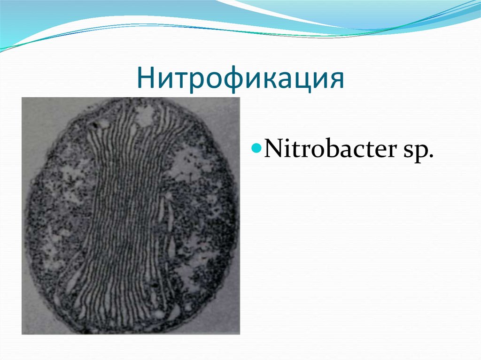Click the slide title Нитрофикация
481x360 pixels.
click(x=240, y=78)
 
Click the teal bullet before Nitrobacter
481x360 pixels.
click(x=256, y=150)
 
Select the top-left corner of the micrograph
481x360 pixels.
click(x=22, y=98)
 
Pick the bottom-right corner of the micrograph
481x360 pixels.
click(x=240, y=334)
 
